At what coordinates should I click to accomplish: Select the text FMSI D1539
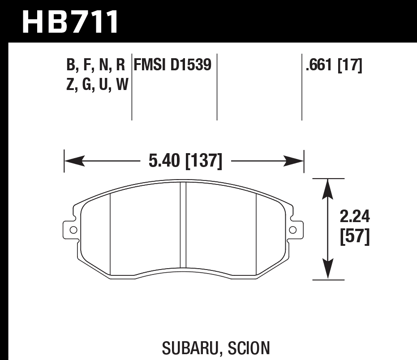(172, 65)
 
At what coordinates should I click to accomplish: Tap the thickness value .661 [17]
(333, 65)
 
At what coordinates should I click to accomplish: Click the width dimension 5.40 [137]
(185, 161)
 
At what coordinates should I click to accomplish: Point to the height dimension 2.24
(355, 218)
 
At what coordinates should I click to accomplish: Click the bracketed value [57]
(355, 237)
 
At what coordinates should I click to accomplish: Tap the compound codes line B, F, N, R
(95, 65)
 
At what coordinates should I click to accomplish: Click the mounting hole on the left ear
(73, 230)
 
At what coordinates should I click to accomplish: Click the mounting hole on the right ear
(293, 230)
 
